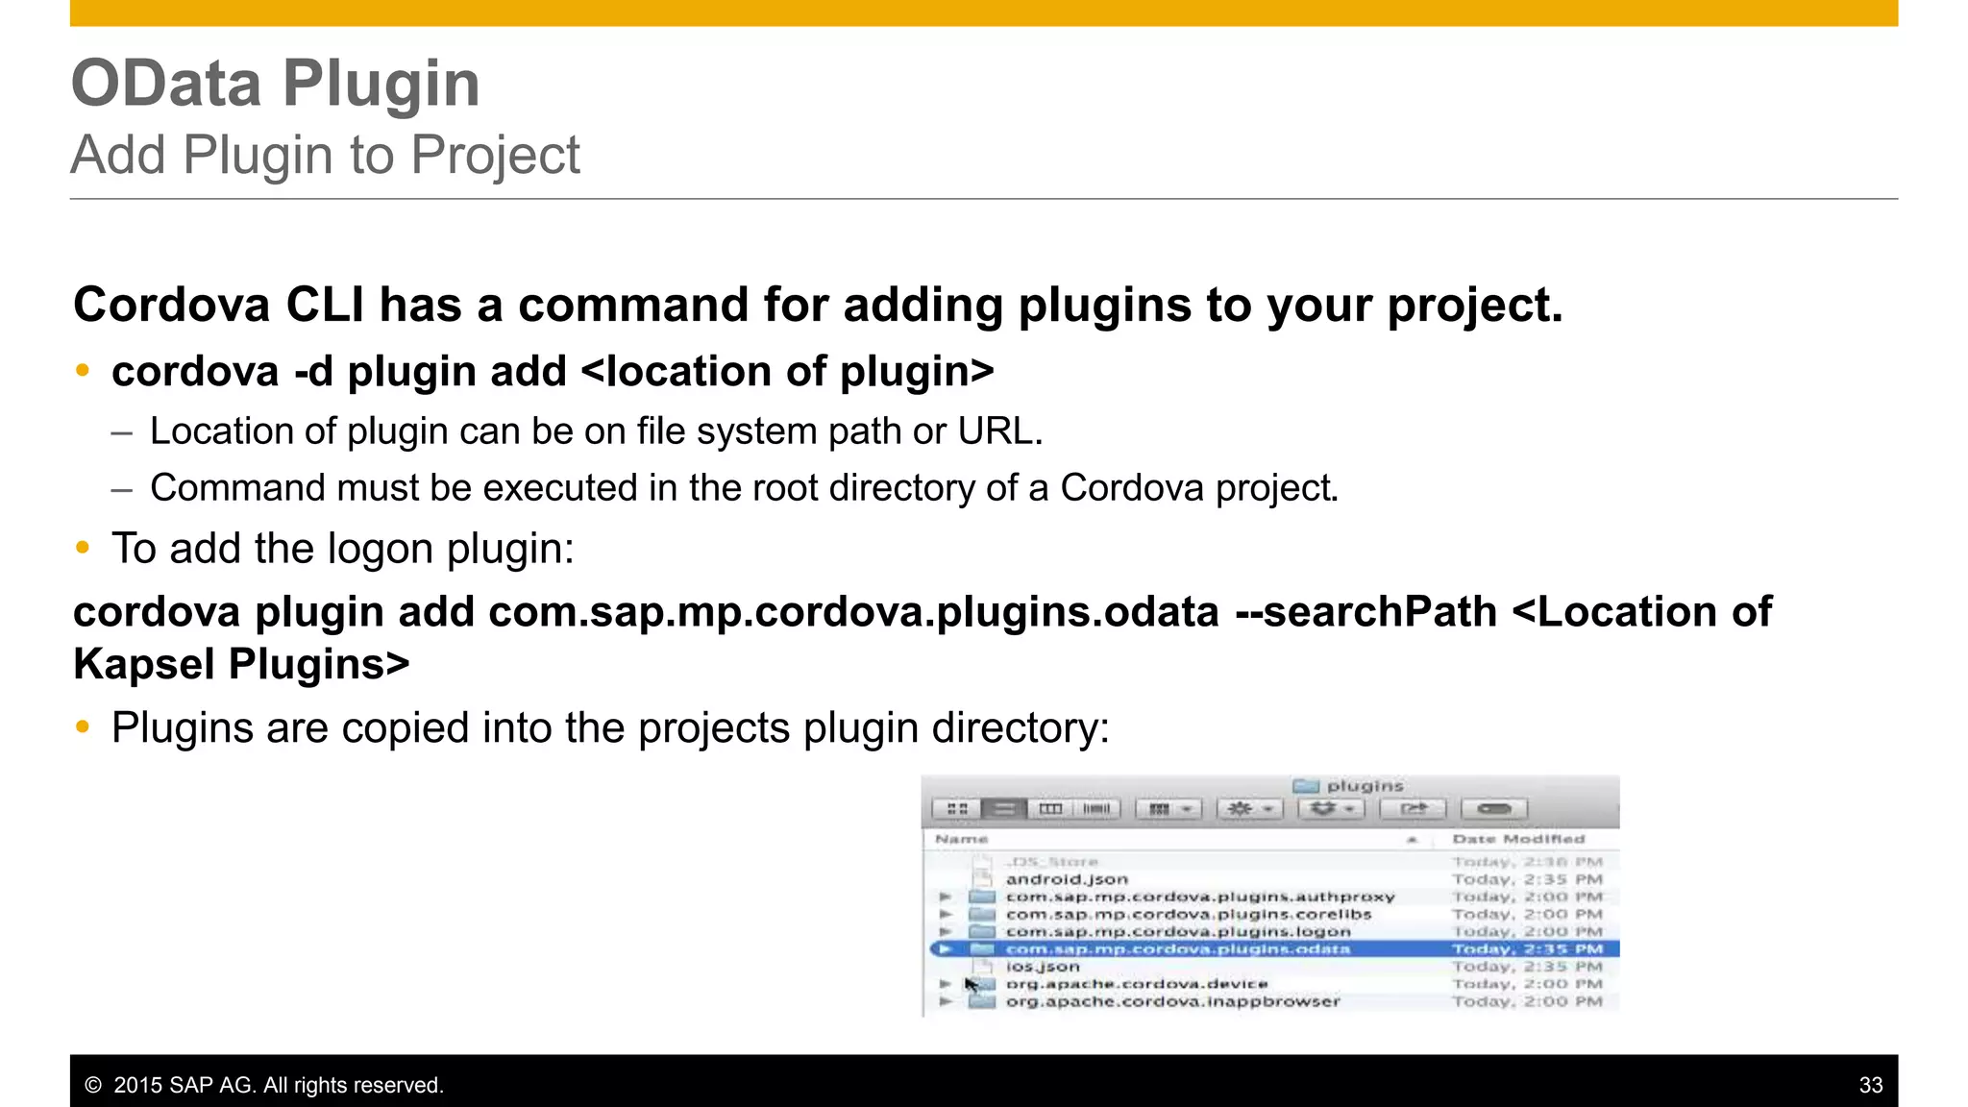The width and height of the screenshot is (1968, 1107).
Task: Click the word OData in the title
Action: click(166, 84)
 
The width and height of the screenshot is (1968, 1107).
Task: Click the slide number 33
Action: click(1870, 1085)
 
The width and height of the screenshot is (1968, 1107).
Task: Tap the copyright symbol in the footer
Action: click(93, 1085)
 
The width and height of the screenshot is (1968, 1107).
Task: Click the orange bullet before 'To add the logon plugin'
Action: click(83, 548)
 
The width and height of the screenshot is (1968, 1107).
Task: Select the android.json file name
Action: click(1067, 879)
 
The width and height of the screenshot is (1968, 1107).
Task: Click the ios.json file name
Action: click(1043, 967)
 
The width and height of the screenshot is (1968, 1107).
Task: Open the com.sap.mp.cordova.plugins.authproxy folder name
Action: click(1199, 897)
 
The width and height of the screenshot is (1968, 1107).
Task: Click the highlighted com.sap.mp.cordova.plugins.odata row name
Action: click(1177, 949)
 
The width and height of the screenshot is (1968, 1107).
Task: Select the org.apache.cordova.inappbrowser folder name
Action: click(1172, 1001)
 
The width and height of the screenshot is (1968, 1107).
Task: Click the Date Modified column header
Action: click(1518, 839)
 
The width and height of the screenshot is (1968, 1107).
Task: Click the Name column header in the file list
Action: click(961, 839)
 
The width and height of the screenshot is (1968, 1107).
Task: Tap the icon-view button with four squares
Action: click(957, 809)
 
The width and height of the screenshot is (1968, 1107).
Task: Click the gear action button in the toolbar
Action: click(1249, 809)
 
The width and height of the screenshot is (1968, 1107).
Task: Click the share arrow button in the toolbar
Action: click(1413, 809)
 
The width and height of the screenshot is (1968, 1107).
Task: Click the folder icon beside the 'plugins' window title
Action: click(1305, 786)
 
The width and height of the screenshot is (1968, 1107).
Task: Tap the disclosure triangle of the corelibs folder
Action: click(946, 914)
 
